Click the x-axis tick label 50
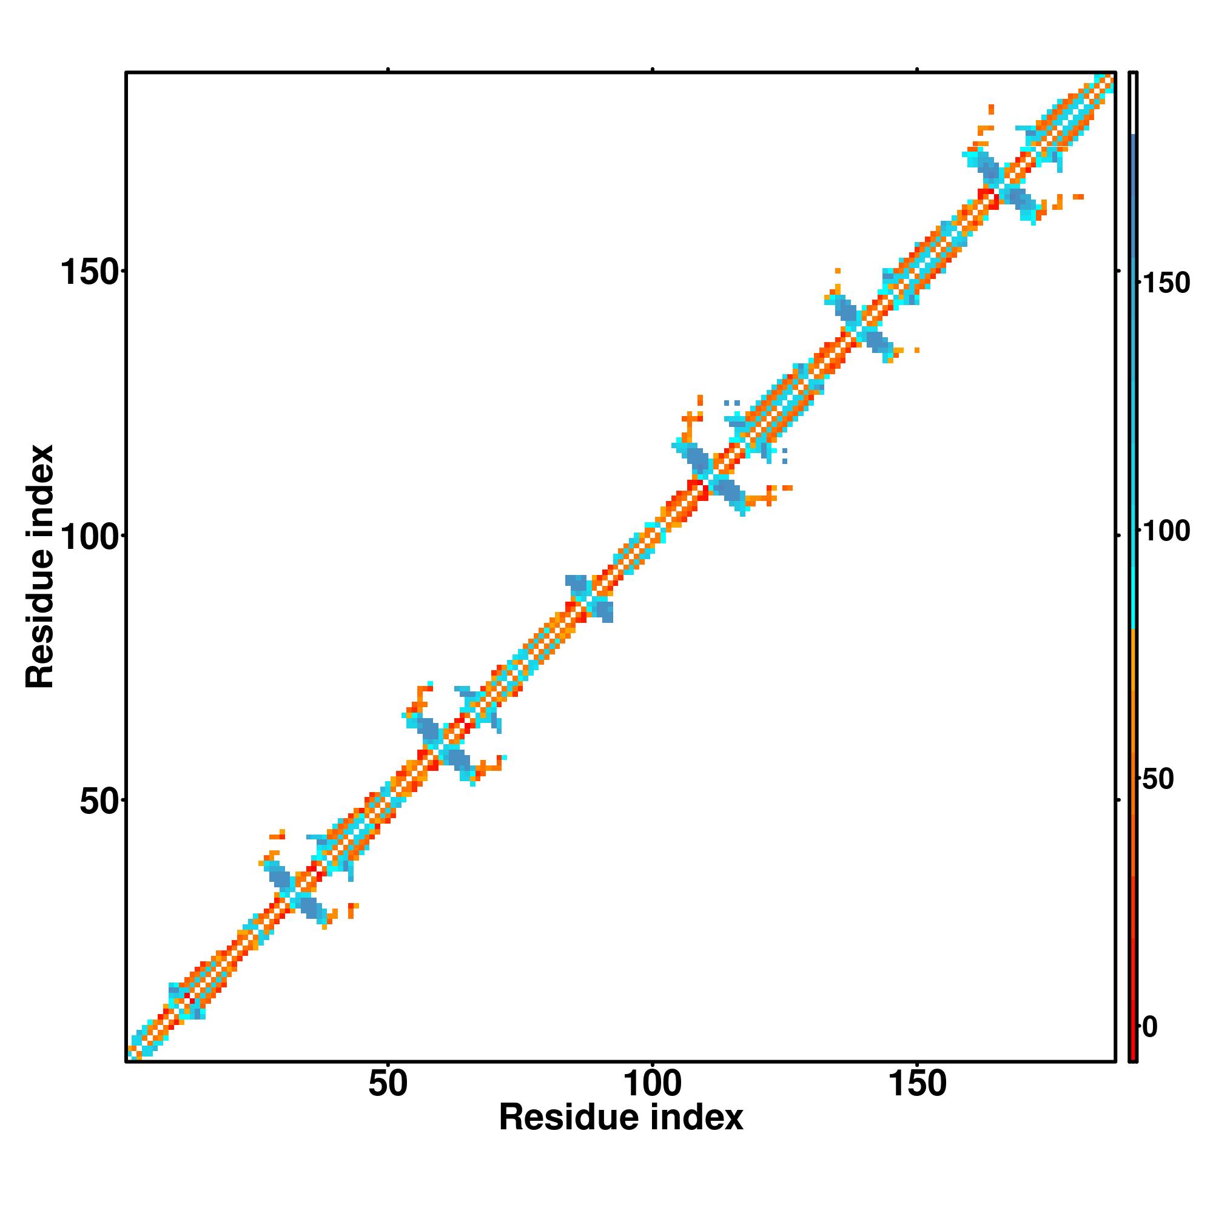click(x=388, y=1084)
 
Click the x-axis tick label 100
click(x=653, y=1084)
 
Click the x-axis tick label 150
click(x=917, y=1084)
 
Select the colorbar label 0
click(x=1149, y=1028)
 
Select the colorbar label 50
click(x=1157, y=779)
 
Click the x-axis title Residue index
click(x=620, y=1118)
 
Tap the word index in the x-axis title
click(x=697, y=1118)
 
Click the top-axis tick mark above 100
click(x=653, y=70)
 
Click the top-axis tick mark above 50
click(x=388, y=70)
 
